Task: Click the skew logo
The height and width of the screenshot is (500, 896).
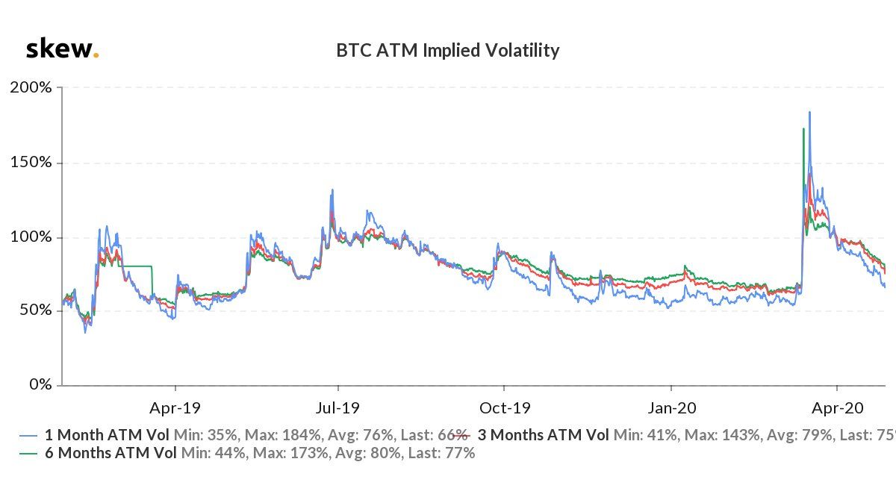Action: [62, 50]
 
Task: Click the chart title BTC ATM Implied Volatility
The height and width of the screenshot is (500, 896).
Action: [447, 51]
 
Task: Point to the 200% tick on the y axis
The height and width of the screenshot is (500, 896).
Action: [31, 87]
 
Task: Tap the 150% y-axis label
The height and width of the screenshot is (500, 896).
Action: [31, 162]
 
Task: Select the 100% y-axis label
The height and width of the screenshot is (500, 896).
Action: [31, 237]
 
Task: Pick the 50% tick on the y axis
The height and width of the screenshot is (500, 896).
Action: [35, 310]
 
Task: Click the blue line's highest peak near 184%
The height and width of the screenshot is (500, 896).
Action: [809, 113]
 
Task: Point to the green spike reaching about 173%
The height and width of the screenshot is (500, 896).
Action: [803, 129]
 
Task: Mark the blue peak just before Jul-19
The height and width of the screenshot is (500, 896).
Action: [332, 190]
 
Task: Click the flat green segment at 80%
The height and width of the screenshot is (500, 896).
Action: [134, 266]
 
